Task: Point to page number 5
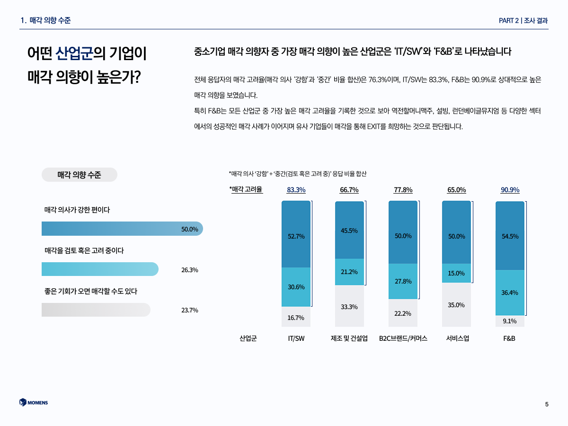[547, 404]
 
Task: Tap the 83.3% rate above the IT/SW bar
[296, 190]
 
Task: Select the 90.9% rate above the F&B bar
[510, 190]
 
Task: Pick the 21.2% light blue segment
[349, 272]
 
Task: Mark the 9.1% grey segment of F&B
[510, 321]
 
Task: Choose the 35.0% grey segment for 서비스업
[456, 305]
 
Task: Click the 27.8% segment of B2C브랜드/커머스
[403, 282]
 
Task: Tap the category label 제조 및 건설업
[349, 339]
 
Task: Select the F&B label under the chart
[509, 339]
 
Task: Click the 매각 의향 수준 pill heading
[79, 175]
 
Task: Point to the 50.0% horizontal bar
[122, 229]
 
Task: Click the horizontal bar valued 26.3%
[100, 269]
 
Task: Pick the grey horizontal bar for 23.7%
[96, 310]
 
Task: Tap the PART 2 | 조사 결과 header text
[524, 20]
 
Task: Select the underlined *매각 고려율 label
[246, 190]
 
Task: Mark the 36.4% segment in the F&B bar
[510, 293]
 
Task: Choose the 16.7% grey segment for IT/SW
[296, 317]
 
